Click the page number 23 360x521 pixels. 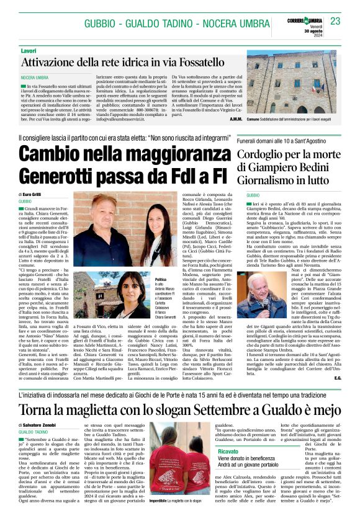pyautogui.click(x=335, y=21)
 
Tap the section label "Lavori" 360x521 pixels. pyautogui.click(x=28, y=50)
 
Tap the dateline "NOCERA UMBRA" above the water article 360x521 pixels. pyautogui.click(x=35, y=77)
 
